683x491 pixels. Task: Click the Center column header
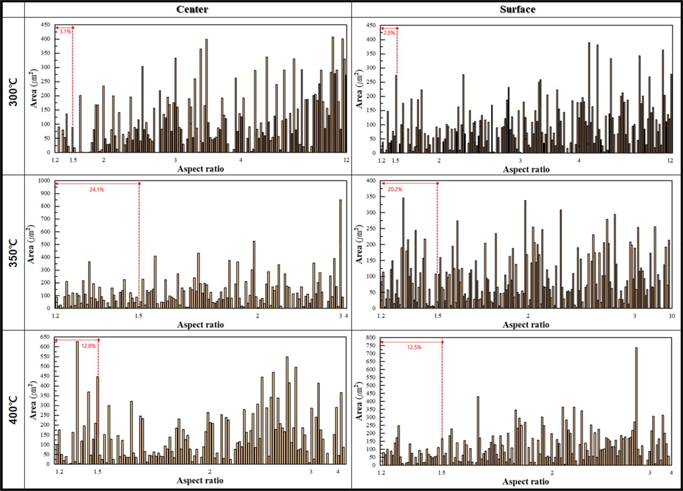pyautogui.click(x=187, y=9)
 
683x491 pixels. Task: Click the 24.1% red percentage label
pyautogui.click(x=96, y=189)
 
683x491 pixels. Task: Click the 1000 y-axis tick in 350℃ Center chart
pyautogui.click(x=46, y=181)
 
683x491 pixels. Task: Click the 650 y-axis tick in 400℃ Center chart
pyautogui.click(x=46, y=337)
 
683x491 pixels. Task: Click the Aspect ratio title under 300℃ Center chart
pyautogui.click(x=201, y=169)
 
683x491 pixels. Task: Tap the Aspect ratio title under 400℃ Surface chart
pyautogui.click(x=526, y=480)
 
